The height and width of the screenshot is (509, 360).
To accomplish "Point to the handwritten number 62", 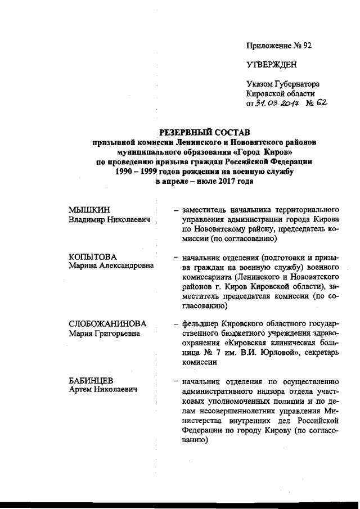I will [x=321, y=103].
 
